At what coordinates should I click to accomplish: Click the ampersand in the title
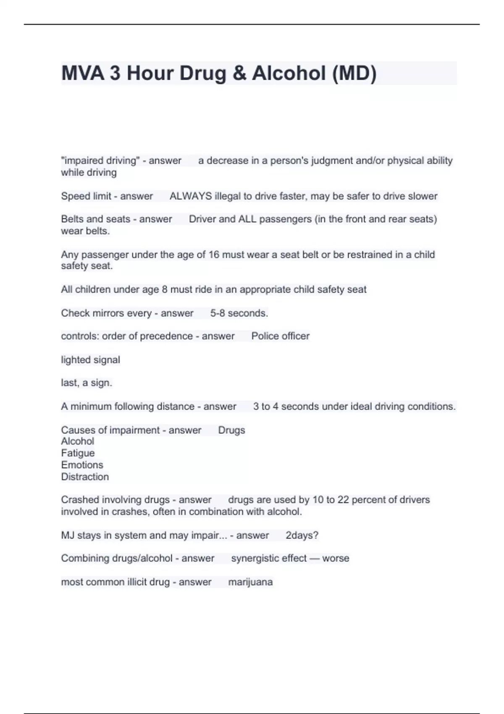[239, 73]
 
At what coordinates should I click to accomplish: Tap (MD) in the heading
[354, 73]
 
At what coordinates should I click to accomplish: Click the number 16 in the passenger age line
[214, 255]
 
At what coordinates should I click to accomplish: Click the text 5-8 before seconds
[218, 313]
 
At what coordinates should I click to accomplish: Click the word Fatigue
[78, 453]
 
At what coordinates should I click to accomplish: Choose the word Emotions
[82, 465]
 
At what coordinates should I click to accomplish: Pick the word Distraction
[85, 477]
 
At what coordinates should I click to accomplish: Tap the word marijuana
[250, 582]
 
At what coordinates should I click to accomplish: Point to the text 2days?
[302, 535]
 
